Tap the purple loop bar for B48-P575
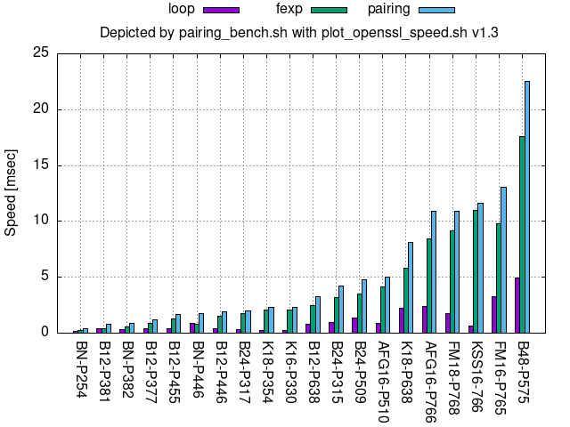pos(517,305)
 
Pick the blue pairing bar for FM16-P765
pos(504,260)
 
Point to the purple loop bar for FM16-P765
pos(493,314)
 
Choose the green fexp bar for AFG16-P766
pos(428,286)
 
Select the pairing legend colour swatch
pos(436,10)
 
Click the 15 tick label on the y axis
pos(41,165)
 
